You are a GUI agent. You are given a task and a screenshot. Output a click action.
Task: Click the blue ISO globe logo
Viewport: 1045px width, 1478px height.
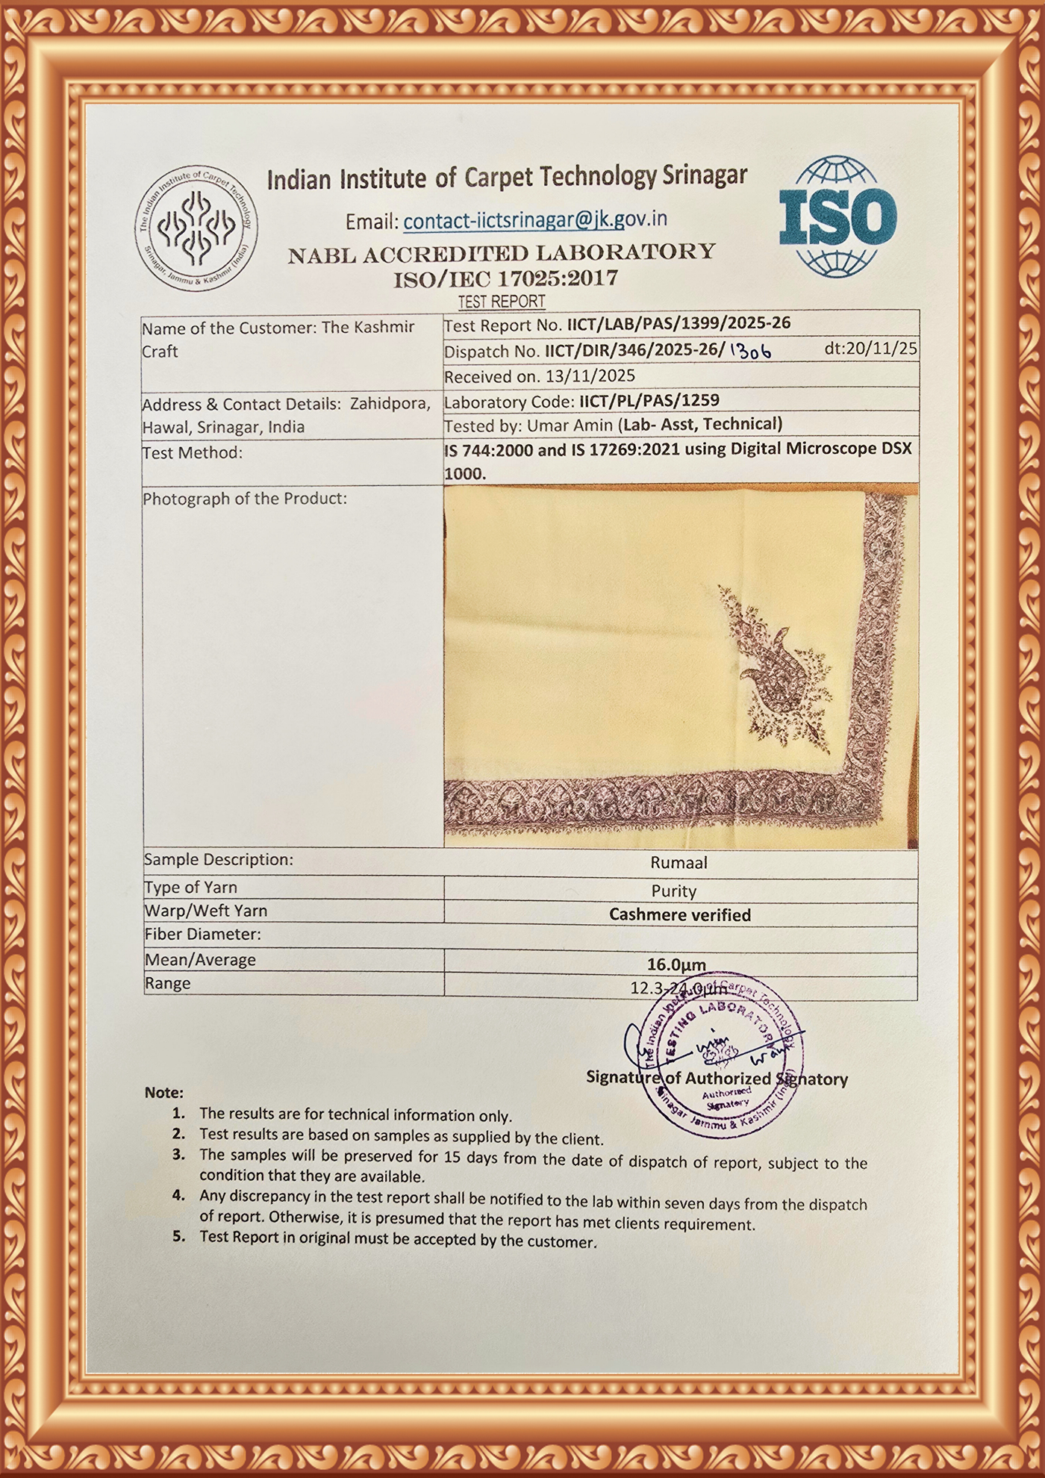point(837,217)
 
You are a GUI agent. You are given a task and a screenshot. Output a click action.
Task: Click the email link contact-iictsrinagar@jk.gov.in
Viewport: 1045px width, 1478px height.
point(534,220)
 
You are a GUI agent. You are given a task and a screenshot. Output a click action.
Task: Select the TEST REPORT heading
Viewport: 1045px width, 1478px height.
point(501,302)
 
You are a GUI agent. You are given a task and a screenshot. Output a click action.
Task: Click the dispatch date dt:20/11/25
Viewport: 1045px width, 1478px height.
point(870,349)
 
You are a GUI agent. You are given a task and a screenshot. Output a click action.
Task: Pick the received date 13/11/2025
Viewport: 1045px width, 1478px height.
point(591,376)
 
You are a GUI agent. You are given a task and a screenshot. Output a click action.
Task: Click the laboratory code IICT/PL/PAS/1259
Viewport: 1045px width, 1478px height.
point(649,401)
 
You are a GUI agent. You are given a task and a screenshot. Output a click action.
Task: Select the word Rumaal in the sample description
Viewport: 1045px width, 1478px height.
point(679,863)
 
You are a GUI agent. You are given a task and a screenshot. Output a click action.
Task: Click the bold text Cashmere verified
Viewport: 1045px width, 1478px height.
point(679,914)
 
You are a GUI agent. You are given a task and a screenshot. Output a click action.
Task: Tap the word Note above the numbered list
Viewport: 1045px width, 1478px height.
point(163,1093)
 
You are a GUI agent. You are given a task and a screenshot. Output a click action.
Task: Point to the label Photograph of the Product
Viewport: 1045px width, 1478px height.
point(245,498)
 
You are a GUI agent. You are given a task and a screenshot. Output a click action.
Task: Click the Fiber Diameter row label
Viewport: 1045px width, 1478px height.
point(202,934)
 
